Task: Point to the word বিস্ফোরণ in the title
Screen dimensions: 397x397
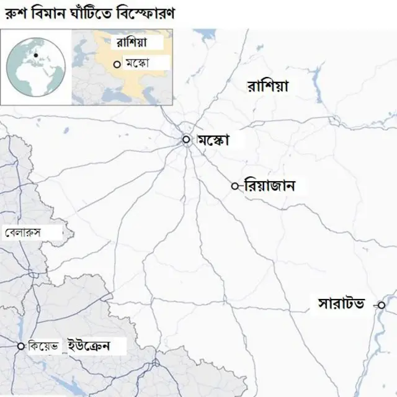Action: pyautogui.click(x=144, y=12)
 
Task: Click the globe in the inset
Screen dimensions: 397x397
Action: pyautogui.click(x=35, y=68)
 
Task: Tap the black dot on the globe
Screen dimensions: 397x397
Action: pyautogui.click(x=36, y=56)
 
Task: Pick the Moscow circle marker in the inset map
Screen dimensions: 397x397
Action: pyautogui.click(x=116, y=63)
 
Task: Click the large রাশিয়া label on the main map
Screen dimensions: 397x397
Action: pyautogui.click(x=267, y=86)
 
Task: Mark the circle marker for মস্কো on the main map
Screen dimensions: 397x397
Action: pyautogui.click(x=186, y=140)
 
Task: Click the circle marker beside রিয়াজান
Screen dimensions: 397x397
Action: pyautogui.click(x=234, y=185)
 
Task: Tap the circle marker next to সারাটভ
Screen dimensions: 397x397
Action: pyautogui.click(x=381, y=305)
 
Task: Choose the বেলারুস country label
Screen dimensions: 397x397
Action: pyautogui.click(x=22, y=233)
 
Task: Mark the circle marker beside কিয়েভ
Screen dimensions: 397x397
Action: pyautogui.click(x=21, y=346)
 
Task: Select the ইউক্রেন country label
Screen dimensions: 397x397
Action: pyautogui.click(x=89, y=346)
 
